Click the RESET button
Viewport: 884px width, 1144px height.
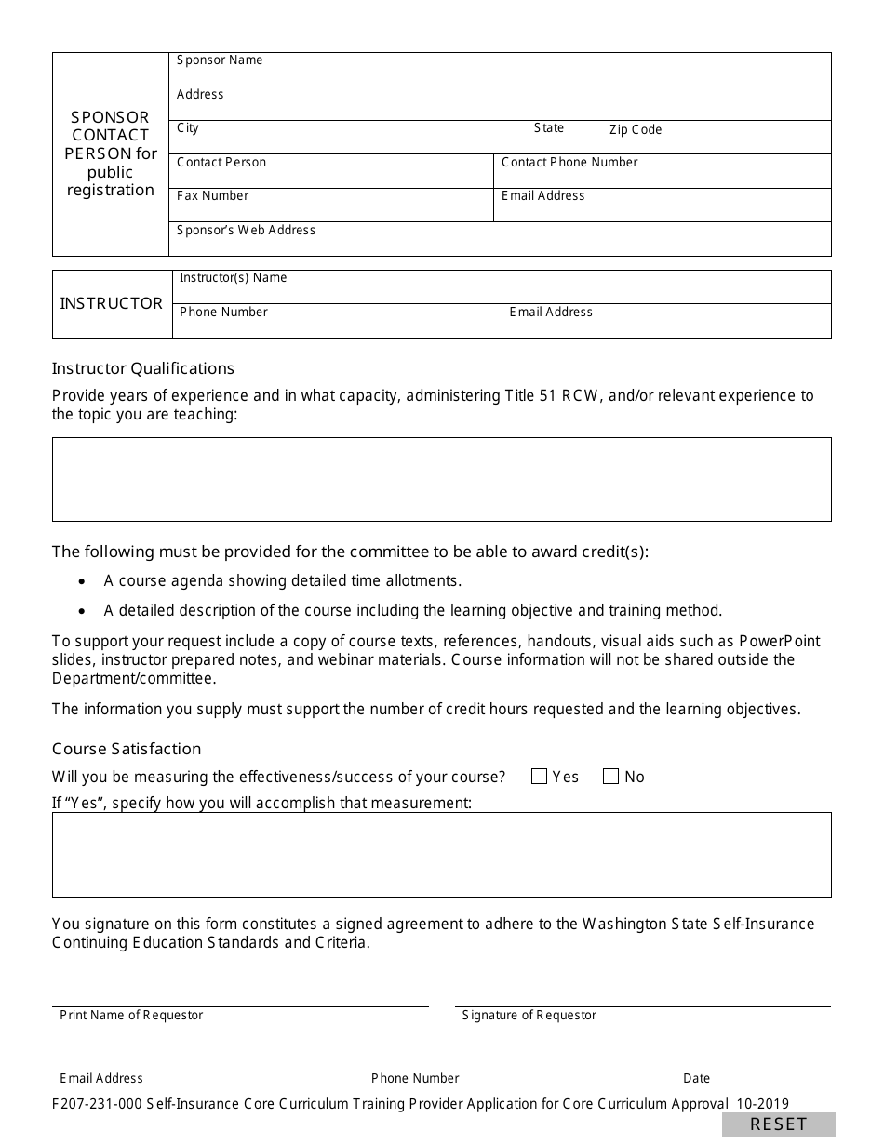778,1124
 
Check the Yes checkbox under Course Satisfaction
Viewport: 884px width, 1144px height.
539,777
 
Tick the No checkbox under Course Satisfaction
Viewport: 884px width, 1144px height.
610,777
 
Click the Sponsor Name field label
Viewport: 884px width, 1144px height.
220,60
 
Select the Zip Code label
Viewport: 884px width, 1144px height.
636,130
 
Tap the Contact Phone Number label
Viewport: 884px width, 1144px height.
569,163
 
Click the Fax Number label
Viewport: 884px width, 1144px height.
212,196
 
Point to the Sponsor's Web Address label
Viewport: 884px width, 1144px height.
246,231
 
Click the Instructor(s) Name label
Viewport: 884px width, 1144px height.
233,278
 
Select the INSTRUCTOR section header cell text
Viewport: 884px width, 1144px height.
112,303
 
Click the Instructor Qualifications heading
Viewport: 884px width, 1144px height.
143,368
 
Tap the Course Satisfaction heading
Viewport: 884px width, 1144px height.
127,749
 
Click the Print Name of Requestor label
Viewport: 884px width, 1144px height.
131,1016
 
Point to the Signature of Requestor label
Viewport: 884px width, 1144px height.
529,1016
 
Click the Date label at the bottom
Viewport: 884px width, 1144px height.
696,1079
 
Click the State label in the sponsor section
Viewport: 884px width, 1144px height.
549,128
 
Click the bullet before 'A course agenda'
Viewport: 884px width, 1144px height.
83,581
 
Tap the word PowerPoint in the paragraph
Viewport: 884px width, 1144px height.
780,642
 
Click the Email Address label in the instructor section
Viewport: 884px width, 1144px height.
551,313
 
